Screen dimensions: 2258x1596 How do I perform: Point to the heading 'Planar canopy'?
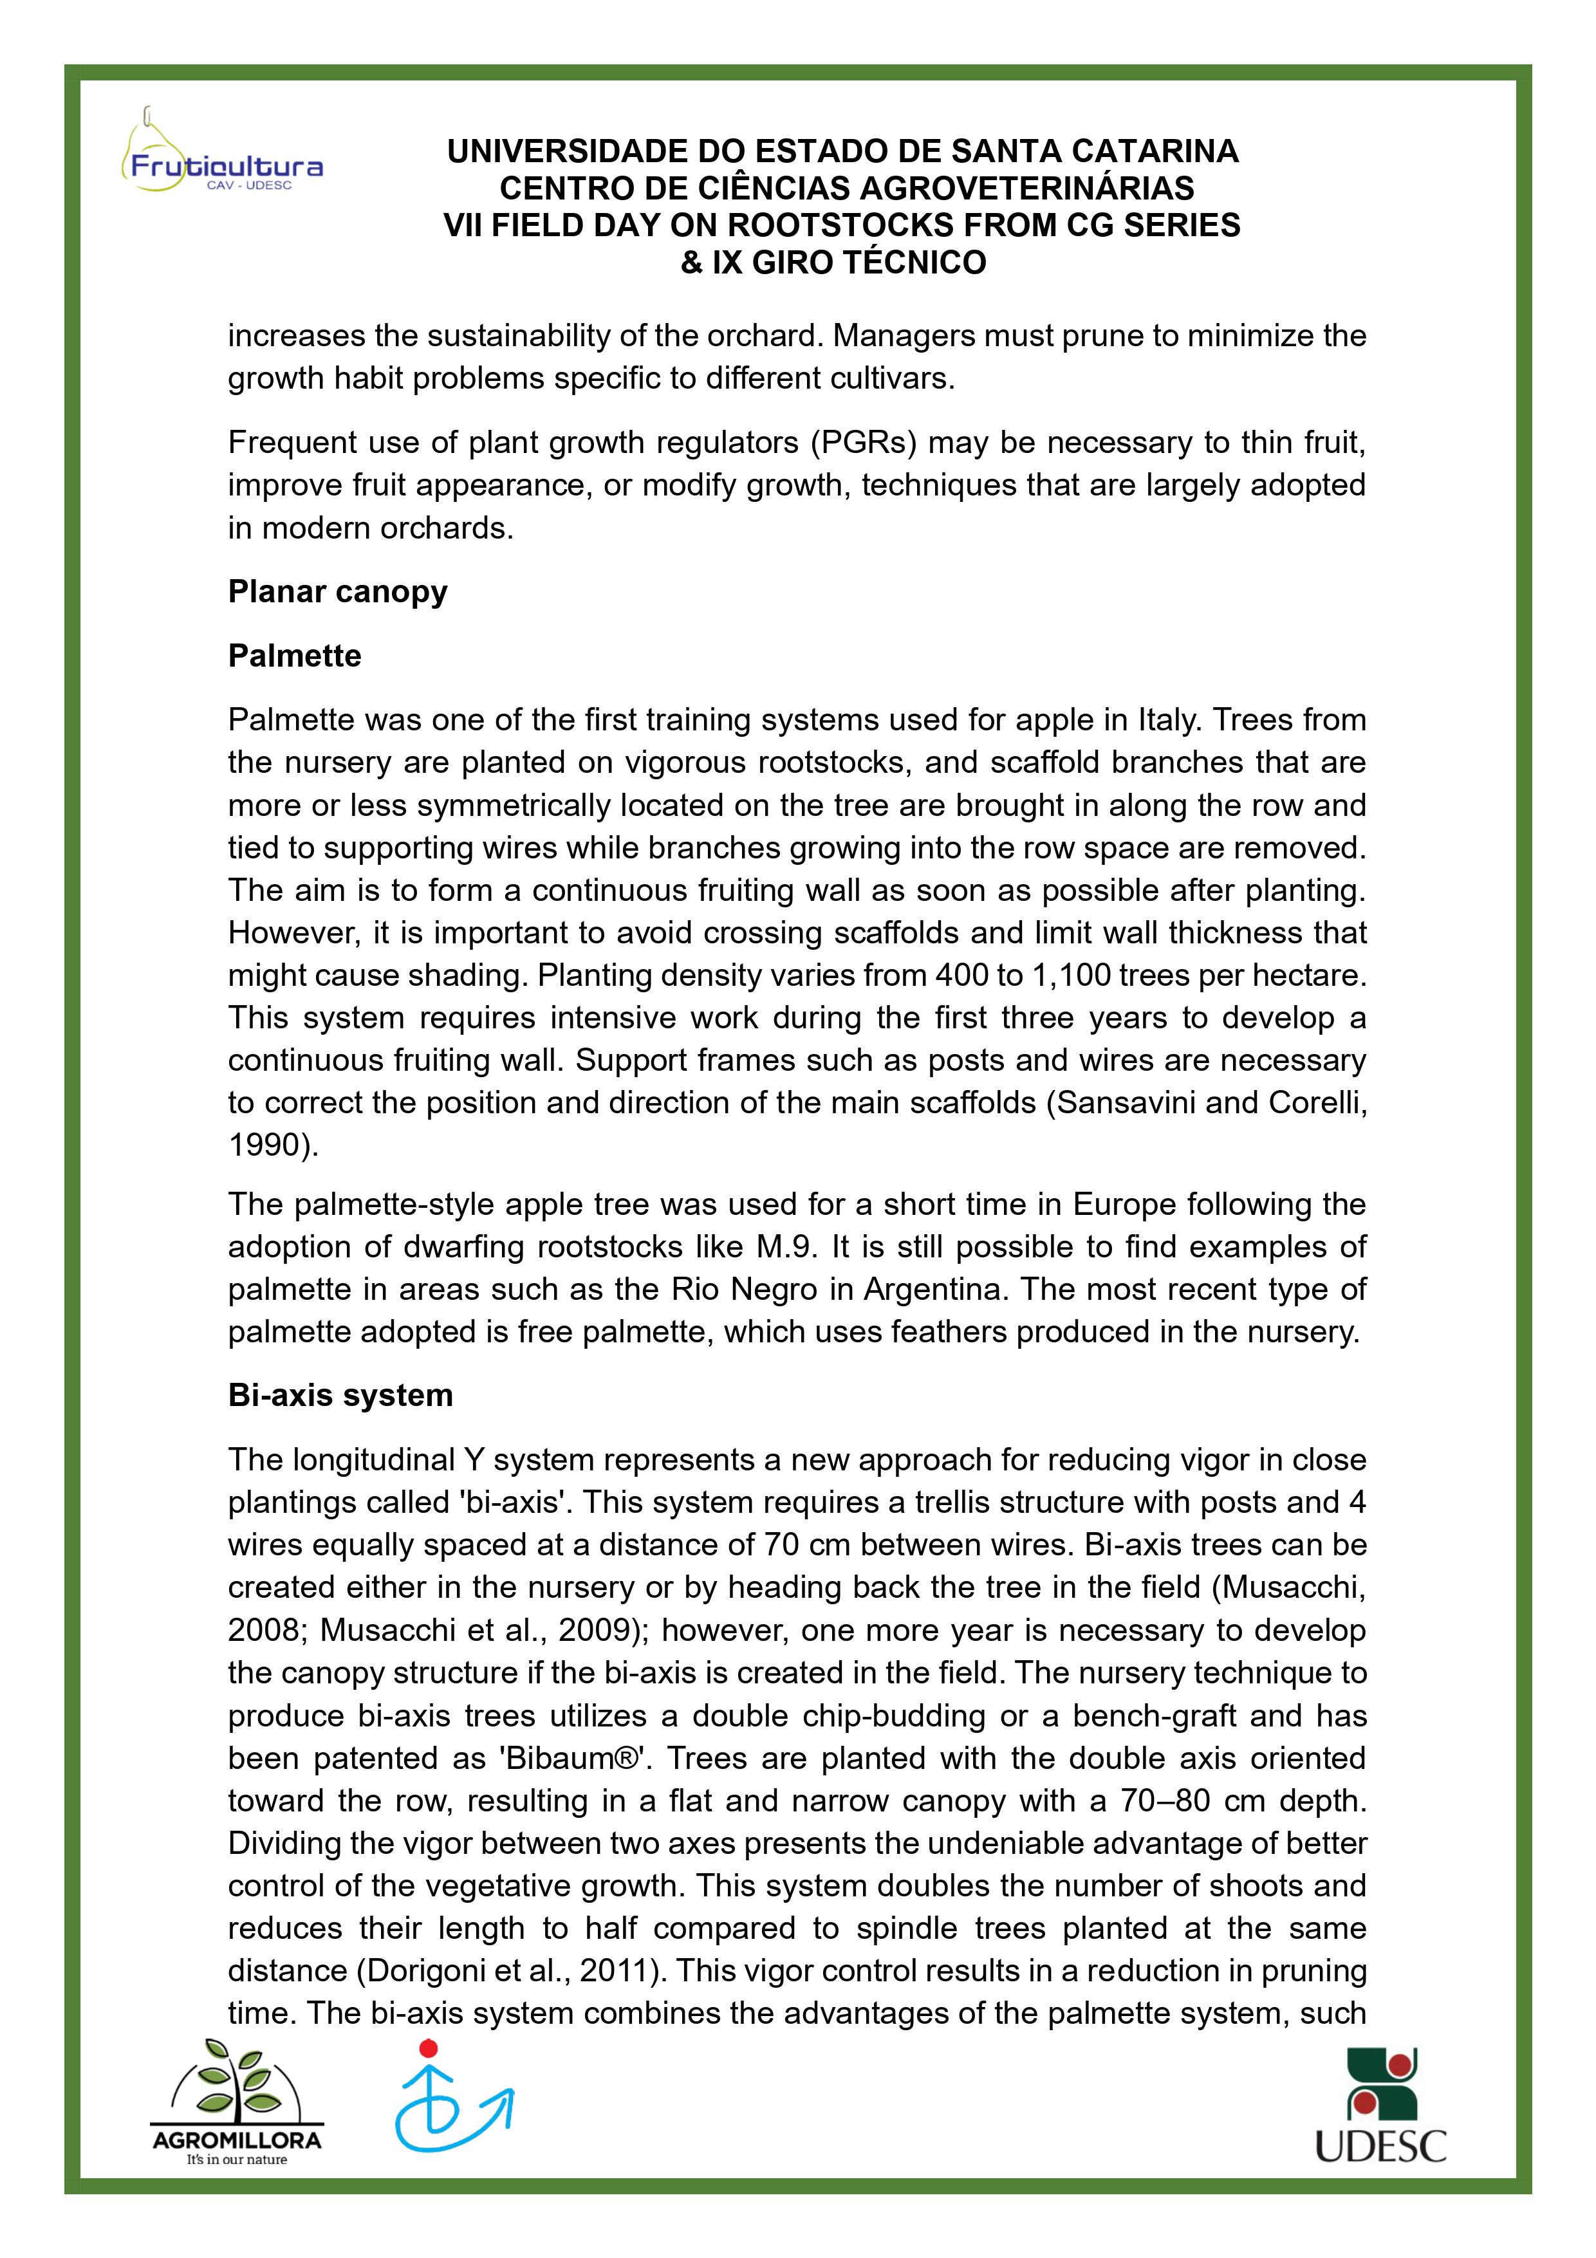click(337, 592)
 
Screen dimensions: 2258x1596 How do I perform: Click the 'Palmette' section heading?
click(294, 656)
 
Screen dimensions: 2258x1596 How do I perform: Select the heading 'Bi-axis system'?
click(340, 1396)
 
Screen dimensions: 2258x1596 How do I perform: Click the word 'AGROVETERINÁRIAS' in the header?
click(1028, 189)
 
